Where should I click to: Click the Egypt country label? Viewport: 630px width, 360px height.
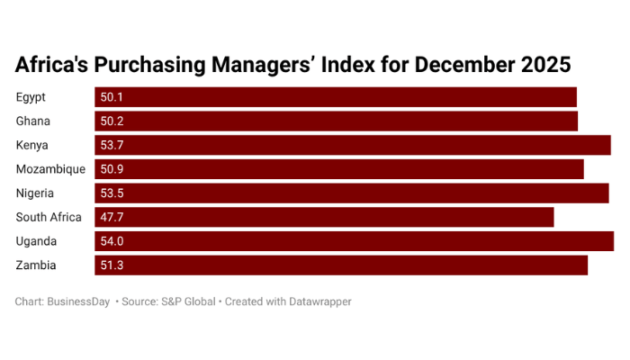pyautogui.click(x=31, y=97)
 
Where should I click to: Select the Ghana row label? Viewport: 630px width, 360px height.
pyautogui.click(x=32, y=121)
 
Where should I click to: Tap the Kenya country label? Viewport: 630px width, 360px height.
pyautogui.click(x=31, y=145)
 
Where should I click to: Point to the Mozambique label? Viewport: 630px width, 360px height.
pyautogui.click(x=50, y=169)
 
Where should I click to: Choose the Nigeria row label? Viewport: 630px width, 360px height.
pyautogui.click(x=35, y=193)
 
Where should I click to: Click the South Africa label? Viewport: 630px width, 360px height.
pyautogui.click(x=49, y=217)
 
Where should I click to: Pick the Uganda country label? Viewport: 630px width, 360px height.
pyautogui.click(x=36, y=241)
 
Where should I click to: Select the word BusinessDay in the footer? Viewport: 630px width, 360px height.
pyautogui.click(x=78, y=301)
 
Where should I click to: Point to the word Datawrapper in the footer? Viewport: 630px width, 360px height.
pyautogui.click(x=314, y=301)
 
